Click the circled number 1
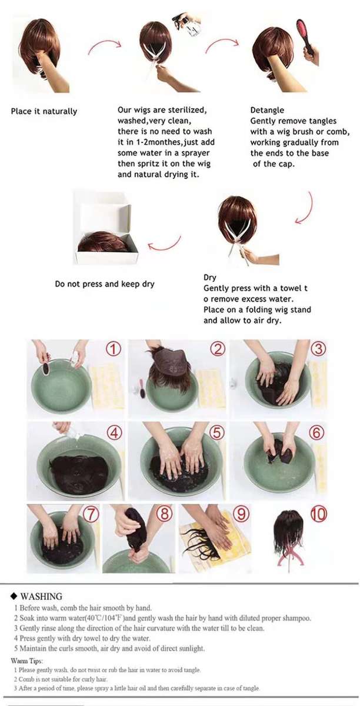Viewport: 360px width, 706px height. (114, 349)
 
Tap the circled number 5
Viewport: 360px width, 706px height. (217, 432)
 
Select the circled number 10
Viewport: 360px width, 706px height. (319, 514)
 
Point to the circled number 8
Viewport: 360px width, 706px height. (165, 514)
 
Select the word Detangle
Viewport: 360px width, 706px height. (267, 111)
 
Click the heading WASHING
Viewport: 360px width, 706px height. (41, 597)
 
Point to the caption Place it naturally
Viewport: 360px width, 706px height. (44, 111)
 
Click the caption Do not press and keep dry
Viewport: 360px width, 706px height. (105, 284)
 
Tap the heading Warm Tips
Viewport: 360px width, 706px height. (27, 661)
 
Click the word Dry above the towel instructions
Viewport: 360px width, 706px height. (209, 278)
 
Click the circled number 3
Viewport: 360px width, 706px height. (318, 349)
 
